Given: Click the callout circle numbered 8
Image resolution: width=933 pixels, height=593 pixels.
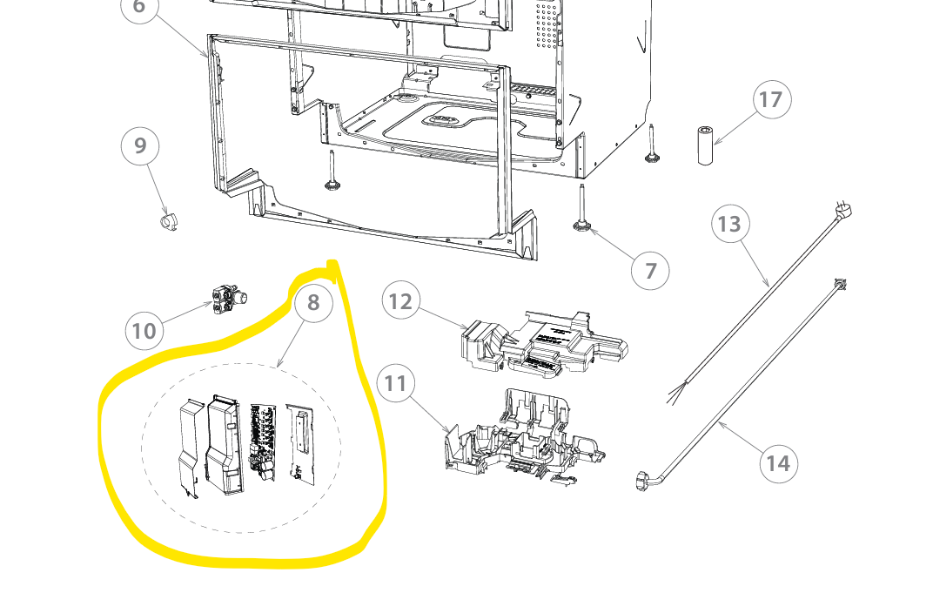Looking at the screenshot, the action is pos(313,303).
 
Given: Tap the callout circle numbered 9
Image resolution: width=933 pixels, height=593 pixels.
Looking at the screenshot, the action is pos(140,146).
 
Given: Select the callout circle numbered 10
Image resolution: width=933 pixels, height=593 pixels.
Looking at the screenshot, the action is pos(144,331).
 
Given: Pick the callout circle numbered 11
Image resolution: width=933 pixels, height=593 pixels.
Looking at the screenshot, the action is pos(396,383).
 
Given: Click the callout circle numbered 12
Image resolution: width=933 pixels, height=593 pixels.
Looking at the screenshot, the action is pos(401,300).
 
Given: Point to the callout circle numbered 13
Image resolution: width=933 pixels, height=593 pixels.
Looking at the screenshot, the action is pos(730,224).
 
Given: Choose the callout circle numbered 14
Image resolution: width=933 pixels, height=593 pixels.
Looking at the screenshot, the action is pos(778,463).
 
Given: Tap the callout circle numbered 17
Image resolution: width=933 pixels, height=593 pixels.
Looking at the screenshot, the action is pos(772,99).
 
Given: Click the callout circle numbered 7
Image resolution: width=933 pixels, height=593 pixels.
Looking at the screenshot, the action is pos(650,271).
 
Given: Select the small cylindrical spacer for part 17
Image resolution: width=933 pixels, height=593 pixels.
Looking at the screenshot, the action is pos(705,145).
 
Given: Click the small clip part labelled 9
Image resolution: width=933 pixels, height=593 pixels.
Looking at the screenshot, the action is pos(169,221).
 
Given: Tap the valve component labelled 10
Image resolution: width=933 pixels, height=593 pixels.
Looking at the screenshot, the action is pos(229,299).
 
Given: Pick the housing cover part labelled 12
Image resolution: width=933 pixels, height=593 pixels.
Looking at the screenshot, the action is pos(543,341).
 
